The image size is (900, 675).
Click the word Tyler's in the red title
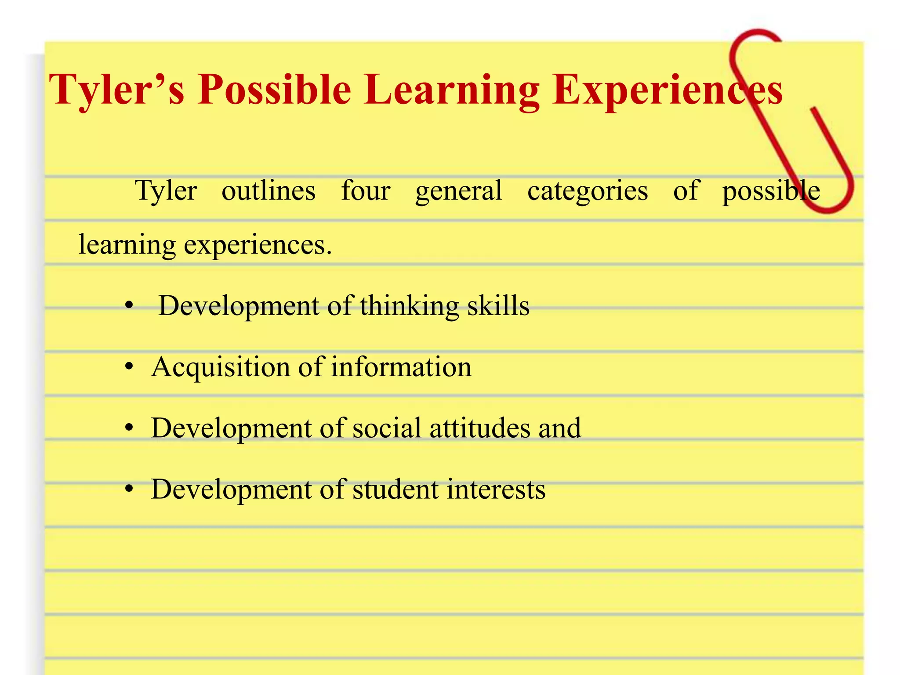coord(116,90)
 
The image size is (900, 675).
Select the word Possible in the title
coord(274,90)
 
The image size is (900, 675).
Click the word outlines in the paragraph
coord(269,191)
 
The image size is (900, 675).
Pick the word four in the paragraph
coord(366,191)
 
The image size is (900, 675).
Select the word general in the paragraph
coord(458,192)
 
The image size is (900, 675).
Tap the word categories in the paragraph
coord(588,192)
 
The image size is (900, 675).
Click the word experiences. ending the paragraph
coord(258,245)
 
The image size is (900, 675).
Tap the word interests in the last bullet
coord(496,489)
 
